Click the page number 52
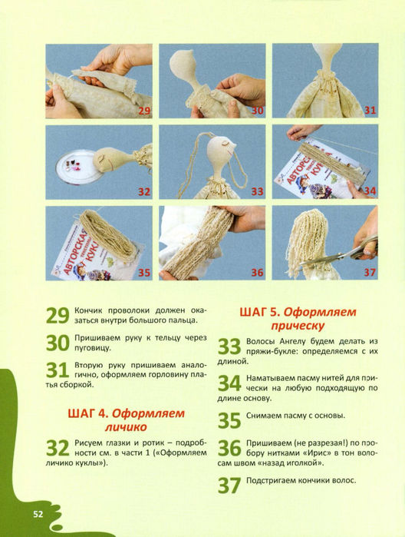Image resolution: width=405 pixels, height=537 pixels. (x=38, y=514)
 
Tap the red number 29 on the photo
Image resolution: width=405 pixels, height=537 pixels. (x=144, y=111)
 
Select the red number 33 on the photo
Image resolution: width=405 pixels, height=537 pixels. (x=257, y=191)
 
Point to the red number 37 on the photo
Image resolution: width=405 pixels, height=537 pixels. (x=370, y=273)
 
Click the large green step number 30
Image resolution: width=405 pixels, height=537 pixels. (x=58, y=343)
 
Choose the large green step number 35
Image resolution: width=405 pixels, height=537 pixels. (x=229, y=420)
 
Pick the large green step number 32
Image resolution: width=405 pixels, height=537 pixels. (x=58, y=449)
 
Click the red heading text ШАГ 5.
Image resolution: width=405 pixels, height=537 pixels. (x=260, y=313)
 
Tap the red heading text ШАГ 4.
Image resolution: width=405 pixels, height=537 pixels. (x=88, y=414)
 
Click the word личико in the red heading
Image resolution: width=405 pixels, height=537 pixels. (x=126, y=427)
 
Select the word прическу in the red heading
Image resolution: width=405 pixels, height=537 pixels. (x=298, y=326)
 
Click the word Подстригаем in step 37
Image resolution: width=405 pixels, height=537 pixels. (x=271, y=480)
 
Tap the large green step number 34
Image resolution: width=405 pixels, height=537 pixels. (x=229, y=383)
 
